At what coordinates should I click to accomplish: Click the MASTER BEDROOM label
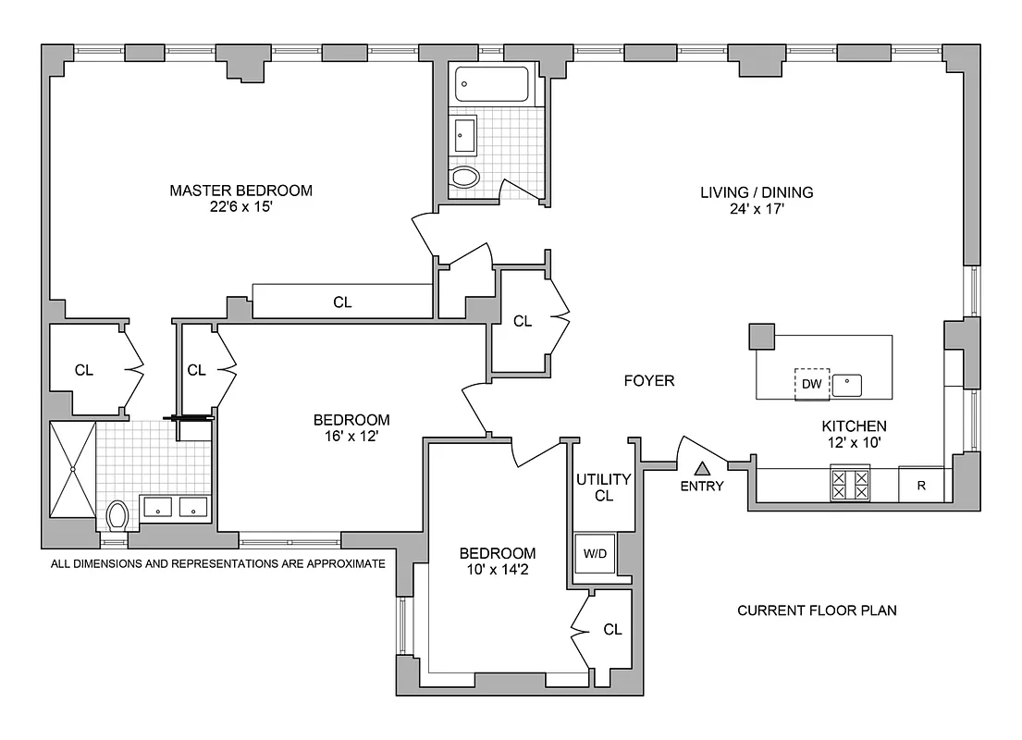click(x=240, y=191)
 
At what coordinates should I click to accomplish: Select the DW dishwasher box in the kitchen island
click(x=811, y=384)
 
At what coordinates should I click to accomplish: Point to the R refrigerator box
click(x=921, y=486)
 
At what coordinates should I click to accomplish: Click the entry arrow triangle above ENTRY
click(x=702, y=469)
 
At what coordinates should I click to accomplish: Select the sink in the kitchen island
click(x=846, y=384)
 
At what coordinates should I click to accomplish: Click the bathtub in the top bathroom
click(x=491, y=87)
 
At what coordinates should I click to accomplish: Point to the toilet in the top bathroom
click(x=465, y=178)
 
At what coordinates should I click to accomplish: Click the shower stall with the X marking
click(x=72, y=468)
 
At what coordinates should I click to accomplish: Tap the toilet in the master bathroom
click(x=117, y=513)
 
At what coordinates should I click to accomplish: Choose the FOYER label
click(x=649, y=380)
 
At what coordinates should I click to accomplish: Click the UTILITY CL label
click(x=603, y=487)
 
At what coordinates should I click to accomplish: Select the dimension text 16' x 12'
click(x=351, y=437)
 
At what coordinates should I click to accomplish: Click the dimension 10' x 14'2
click(x=498, y=571)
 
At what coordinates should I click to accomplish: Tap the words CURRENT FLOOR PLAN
click(x=817, y=610)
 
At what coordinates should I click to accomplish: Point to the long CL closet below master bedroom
click(x=342, y=302)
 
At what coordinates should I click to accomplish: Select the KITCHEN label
click(x=855, y=426)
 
